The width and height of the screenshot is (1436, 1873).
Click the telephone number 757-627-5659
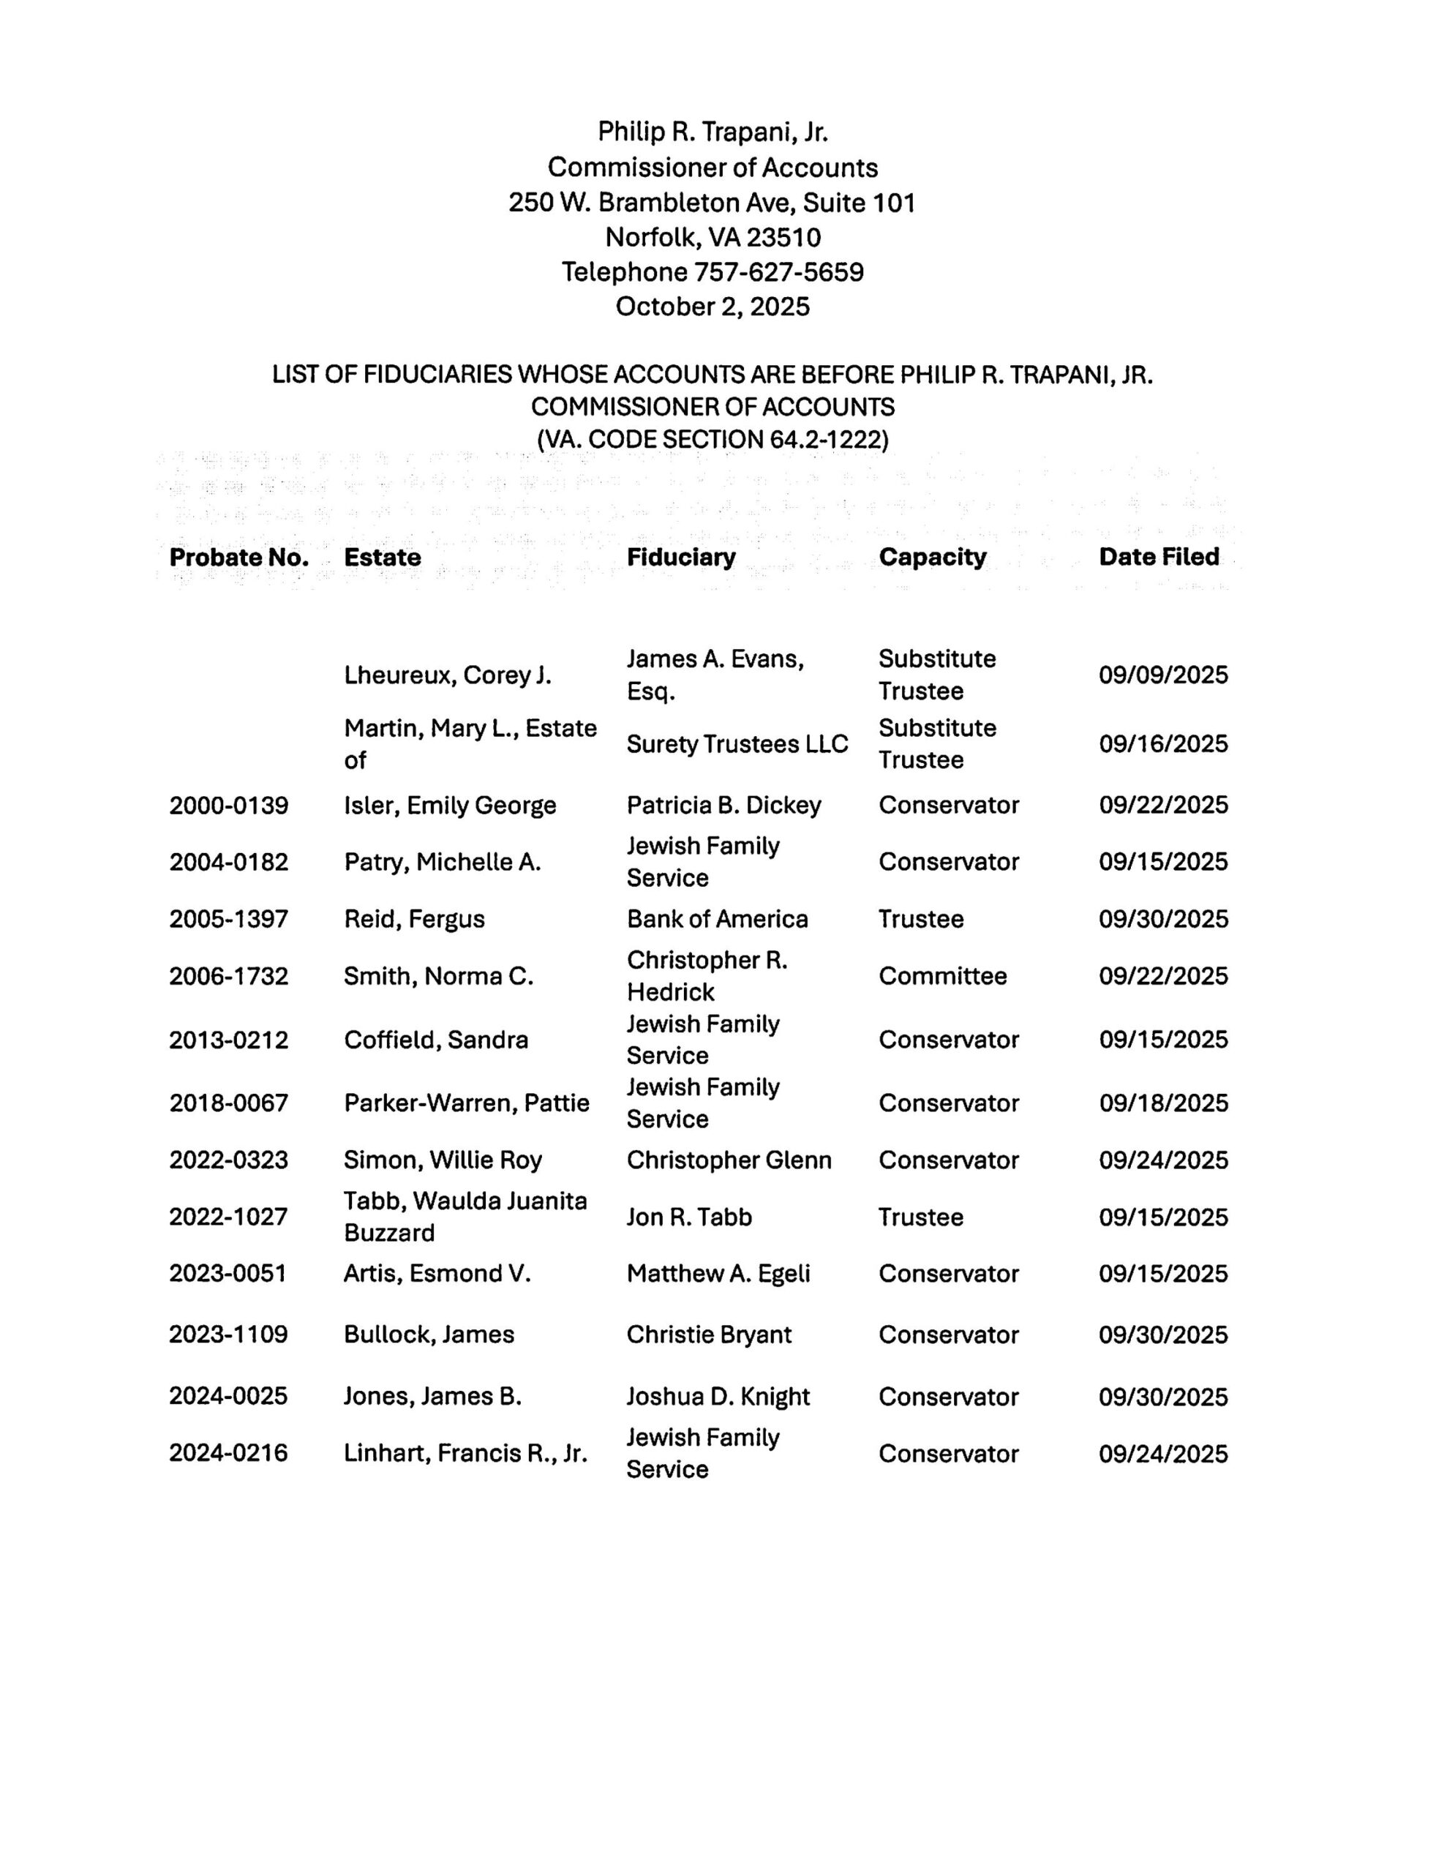coord(778,272)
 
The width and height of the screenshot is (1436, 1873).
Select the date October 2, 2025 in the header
coord(712,307)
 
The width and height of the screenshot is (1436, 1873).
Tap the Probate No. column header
coord(238,558)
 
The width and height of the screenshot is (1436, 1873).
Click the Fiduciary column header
coord(680,558)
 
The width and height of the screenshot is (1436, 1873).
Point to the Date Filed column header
coord(1158,557)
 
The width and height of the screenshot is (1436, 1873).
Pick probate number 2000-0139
coord(228,806)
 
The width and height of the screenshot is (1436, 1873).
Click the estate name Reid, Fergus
coord(414,919)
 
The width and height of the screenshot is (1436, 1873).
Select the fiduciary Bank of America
coord(716,919)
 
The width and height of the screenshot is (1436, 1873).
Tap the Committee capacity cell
coord(942,976)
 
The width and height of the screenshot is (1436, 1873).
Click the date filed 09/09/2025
coord(1162,675)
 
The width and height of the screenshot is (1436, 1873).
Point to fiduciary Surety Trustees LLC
coord(737,744)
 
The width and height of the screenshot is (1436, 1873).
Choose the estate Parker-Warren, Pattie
coord(466,1103)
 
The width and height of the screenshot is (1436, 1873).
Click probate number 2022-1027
coord(228,1217)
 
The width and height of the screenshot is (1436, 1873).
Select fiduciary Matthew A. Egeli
coord(718,1274)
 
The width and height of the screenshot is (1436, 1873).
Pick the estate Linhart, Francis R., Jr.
coord(465,1453)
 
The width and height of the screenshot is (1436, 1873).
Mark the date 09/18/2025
coord(1162,1103)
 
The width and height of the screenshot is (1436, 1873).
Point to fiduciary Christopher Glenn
coord(729,1160)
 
